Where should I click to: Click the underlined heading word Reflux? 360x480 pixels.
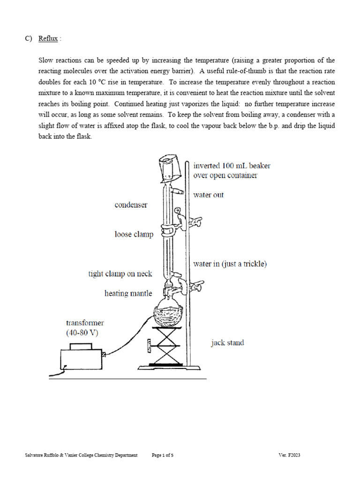coord(48,39)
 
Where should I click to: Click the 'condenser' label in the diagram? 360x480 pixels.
coord(131,205)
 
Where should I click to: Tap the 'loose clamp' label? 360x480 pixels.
coord(134,234)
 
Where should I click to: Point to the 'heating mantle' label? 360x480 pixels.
coord(128,293)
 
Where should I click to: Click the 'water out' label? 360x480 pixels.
coord(209,195)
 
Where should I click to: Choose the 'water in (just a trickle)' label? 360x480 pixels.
coord(230,264)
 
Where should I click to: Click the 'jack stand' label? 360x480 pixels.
coord(227,343)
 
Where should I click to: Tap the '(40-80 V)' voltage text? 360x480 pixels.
coord(82,333)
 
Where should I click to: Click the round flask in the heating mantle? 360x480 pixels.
coord(168,312)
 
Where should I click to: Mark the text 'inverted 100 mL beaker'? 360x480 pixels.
coord(232,165)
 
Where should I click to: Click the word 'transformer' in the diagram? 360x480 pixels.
coord(85,322)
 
